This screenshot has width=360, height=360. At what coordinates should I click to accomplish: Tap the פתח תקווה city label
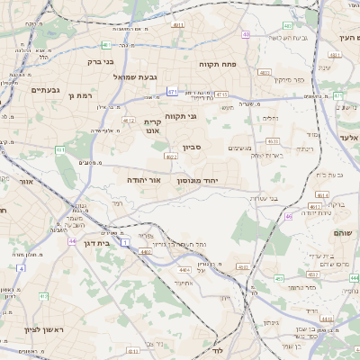tap(217, 63)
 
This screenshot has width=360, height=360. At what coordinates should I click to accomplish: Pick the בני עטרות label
tap(262, 198)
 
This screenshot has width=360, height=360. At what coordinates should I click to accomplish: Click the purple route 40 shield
tap(246, 35)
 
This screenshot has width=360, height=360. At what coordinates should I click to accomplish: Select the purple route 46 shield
tap(289, 216)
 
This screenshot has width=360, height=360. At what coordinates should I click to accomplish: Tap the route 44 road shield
tap(71, 241)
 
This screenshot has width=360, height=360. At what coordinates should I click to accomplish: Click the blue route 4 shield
tap(20, 268)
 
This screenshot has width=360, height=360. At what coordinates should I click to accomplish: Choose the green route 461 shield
tap(60, 150)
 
